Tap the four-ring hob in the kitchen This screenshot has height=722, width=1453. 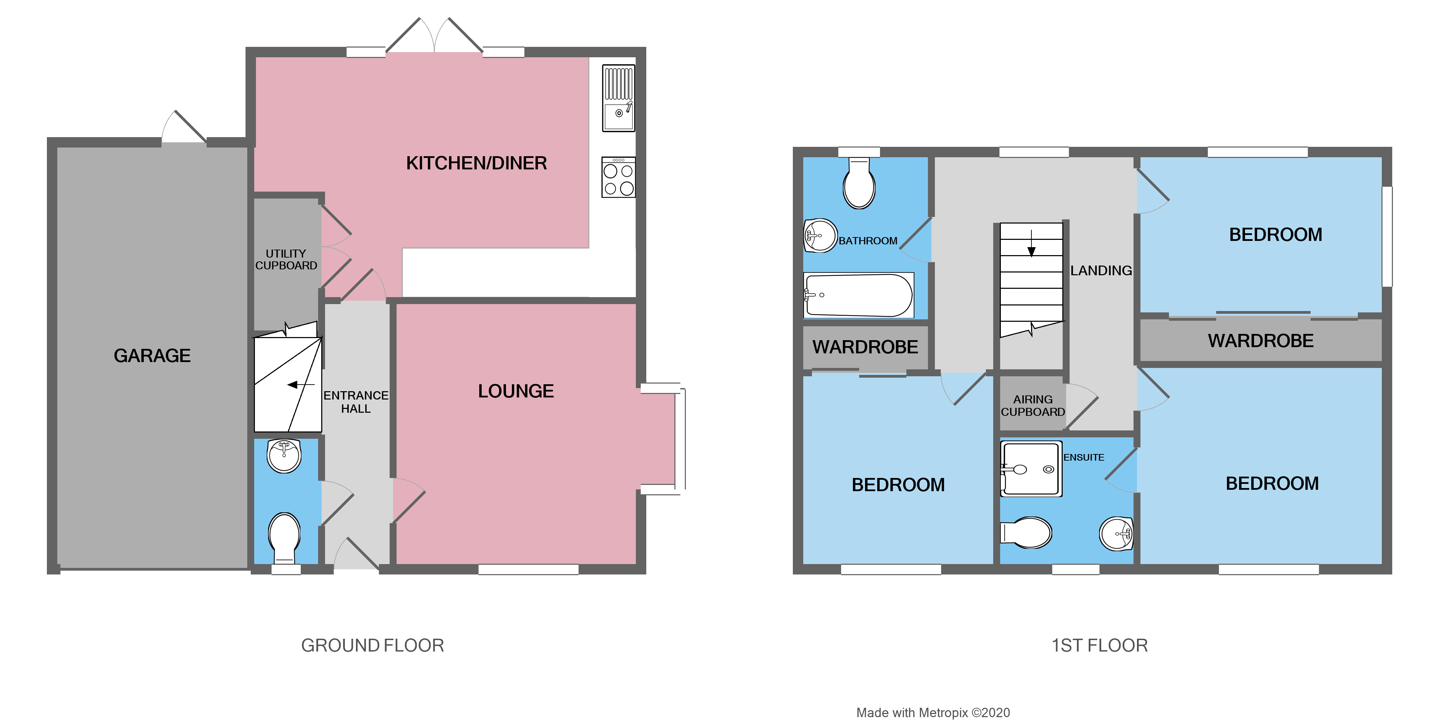click(x=618, y=177)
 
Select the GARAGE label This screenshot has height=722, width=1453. click(x=152, y=356)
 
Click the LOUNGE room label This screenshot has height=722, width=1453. click(x=516, y=391)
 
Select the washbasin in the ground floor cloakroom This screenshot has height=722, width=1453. click(x=284, y=455)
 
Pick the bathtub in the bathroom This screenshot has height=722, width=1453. click(x=858, y=295)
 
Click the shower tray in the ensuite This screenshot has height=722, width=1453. click(x=1030, y=468)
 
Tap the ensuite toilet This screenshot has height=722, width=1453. click(x=1027, y=532)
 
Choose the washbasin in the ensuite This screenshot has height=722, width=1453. click(x=1116, y=533)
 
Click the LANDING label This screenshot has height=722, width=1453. click(x=1101, y=270)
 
